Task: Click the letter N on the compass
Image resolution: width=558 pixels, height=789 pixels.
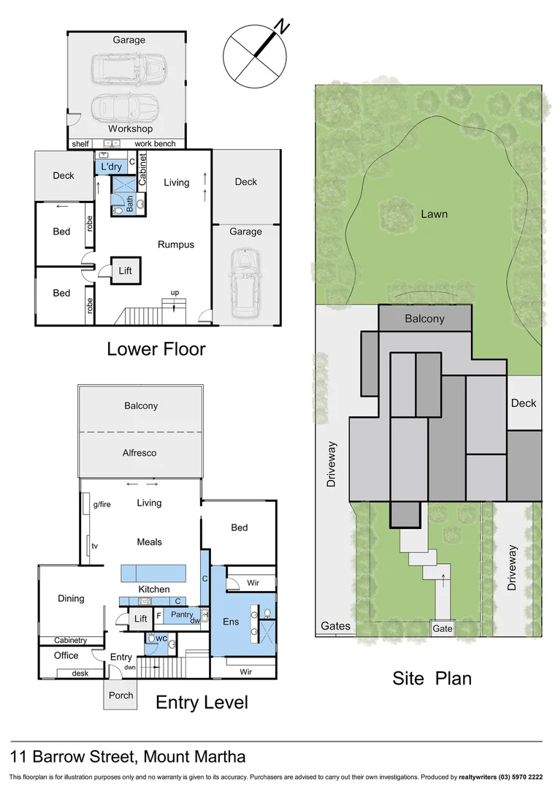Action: click(x=282, y=27)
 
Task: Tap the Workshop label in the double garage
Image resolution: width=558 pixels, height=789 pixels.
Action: click(x=129, y=129)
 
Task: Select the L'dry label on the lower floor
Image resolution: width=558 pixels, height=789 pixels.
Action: click(x=111, y=167)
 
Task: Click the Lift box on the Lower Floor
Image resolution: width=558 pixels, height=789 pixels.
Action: click(x=126, y=271)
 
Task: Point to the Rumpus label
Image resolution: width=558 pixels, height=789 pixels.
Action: click(x=176, y=245)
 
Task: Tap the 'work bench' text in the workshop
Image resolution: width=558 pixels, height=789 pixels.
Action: click(x=155, y=144)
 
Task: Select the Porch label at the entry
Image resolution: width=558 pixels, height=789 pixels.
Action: click(x=121, y=695)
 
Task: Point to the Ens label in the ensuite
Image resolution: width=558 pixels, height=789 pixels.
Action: click(x=230, y=621)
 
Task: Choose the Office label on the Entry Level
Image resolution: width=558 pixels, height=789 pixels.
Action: click(x=66, y=655)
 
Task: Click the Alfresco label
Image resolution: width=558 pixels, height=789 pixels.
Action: click(x=140, y=453)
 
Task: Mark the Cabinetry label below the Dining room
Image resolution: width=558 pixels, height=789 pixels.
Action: click(x=71, y=641)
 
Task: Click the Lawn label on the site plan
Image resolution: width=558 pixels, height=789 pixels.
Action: click(x=434, y=214)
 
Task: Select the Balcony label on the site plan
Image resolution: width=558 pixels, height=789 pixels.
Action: click(x=424, y=319)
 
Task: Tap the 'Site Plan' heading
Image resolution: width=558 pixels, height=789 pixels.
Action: click(x=432, y=678)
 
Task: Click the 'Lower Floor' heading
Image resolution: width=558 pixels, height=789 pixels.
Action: click(x=156, y=348)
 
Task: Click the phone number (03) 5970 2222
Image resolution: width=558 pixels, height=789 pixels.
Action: click(x=521, y=777)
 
